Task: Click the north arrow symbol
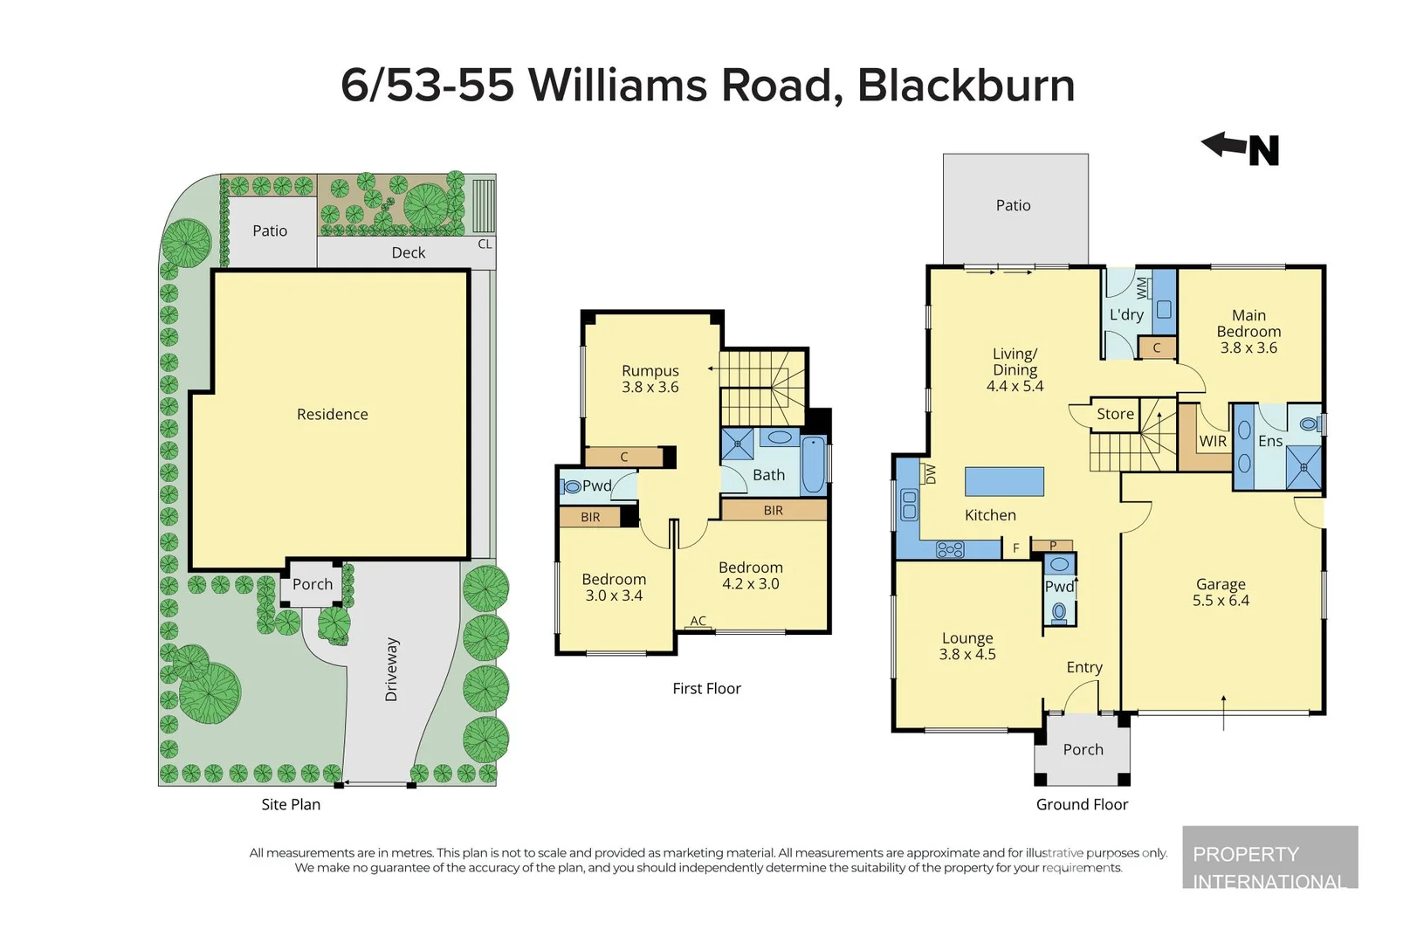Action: coord(1241,148)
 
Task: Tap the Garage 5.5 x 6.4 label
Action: coord(1221,592)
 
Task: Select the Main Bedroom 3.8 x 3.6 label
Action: coord(1248,331)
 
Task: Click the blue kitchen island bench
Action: coord(1004,481)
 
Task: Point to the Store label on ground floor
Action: coord(1115,414)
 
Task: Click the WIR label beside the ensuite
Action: coord(1212,441)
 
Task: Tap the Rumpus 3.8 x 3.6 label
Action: coord(650,379)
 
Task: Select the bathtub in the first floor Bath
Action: coord(813,465)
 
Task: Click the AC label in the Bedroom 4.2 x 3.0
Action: coord(698,621)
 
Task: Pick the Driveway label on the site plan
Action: coord(391,669)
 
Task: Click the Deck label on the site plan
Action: coord(408,252)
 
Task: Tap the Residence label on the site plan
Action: coord(332,414)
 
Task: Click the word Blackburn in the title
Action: coord(966,86)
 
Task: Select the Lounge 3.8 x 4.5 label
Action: coord(967,646)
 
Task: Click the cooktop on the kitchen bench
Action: coord(950,549)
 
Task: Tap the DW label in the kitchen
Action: coord(930,474)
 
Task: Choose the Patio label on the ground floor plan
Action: coord(1013,205)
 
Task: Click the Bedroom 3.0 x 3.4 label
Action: coord(614,587)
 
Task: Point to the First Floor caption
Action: coord(706,688)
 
